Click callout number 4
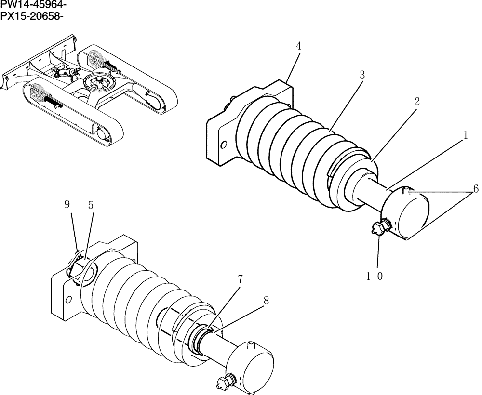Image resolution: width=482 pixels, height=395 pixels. [x=299, y=46]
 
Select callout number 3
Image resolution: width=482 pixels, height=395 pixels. [x=362, y=75]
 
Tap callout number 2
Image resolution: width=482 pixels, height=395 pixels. [x=416, y=101]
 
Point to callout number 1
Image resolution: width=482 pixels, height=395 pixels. [x=465, y=136]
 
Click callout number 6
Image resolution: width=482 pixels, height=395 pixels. [x=476, y=189]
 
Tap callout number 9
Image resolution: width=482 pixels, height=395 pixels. [x=67, y=204]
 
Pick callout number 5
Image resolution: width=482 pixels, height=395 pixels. [x=91, y=204]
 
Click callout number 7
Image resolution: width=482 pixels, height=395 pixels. [x=240, y=279]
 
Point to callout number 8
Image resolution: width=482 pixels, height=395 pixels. [x=266, y=301]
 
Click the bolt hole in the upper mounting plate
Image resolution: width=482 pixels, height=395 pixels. [x=223, y=145]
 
